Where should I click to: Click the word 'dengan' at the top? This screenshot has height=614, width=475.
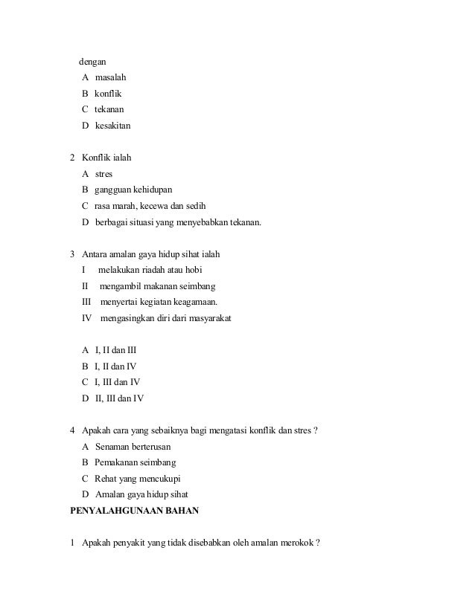[x=93, y=62]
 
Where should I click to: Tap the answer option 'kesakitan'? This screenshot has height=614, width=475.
[x=113, y=126]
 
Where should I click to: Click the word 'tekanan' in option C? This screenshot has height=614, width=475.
[x=109, y=110]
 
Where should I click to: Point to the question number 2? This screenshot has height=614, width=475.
[x=72, y=158]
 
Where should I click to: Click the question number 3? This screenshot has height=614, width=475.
[x=72, y=254]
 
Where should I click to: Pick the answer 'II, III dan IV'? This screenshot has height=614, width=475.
[x=120, y=398]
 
